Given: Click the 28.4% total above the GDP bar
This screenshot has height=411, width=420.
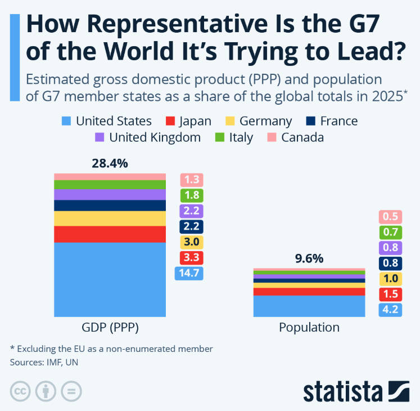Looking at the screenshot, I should coord(110,164).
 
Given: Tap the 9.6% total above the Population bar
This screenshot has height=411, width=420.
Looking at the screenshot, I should coord(309,259).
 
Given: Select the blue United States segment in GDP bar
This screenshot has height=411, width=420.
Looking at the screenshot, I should coord(110,279).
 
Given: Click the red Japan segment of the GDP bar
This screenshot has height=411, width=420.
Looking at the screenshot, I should coord(110,234).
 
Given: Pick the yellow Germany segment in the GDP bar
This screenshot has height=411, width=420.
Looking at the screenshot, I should coord(110,218).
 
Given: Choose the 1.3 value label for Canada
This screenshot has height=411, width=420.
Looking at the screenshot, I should coord(191,180).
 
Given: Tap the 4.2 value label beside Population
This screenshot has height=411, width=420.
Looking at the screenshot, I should coord(390,309).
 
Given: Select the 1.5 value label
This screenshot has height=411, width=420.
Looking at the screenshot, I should coord(390,294).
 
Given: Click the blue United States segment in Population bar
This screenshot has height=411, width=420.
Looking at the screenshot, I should coord(309,306).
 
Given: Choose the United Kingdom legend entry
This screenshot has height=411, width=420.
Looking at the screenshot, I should coord(148,137).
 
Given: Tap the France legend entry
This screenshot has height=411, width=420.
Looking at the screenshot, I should coord(332,121).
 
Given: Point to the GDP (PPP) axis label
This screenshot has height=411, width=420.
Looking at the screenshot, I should coord(110,328).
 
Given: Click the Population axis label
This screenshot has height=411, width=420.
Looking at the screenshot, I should coord(309,328).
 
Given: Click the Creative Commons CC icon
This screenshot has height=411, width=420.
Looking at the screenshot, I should coord(20,391).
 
